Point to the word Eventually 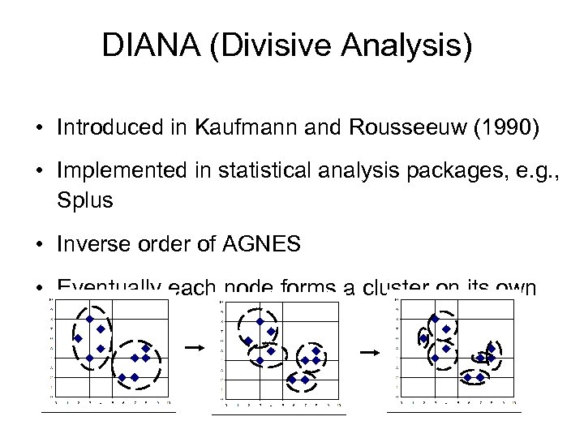tap(107, 289)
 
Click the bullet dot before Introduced tap(39, 127)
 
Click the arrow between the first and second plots tap(193, 346)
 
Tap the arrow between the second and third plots tap(369, 352)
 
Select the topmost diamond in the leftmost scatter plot tap(89, 318)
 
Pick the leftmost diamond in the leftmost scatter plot tap(78, 338)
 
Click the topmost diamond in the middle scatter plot tap(260, 321)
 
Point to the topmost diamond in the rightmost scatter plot tap(435, 319)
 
